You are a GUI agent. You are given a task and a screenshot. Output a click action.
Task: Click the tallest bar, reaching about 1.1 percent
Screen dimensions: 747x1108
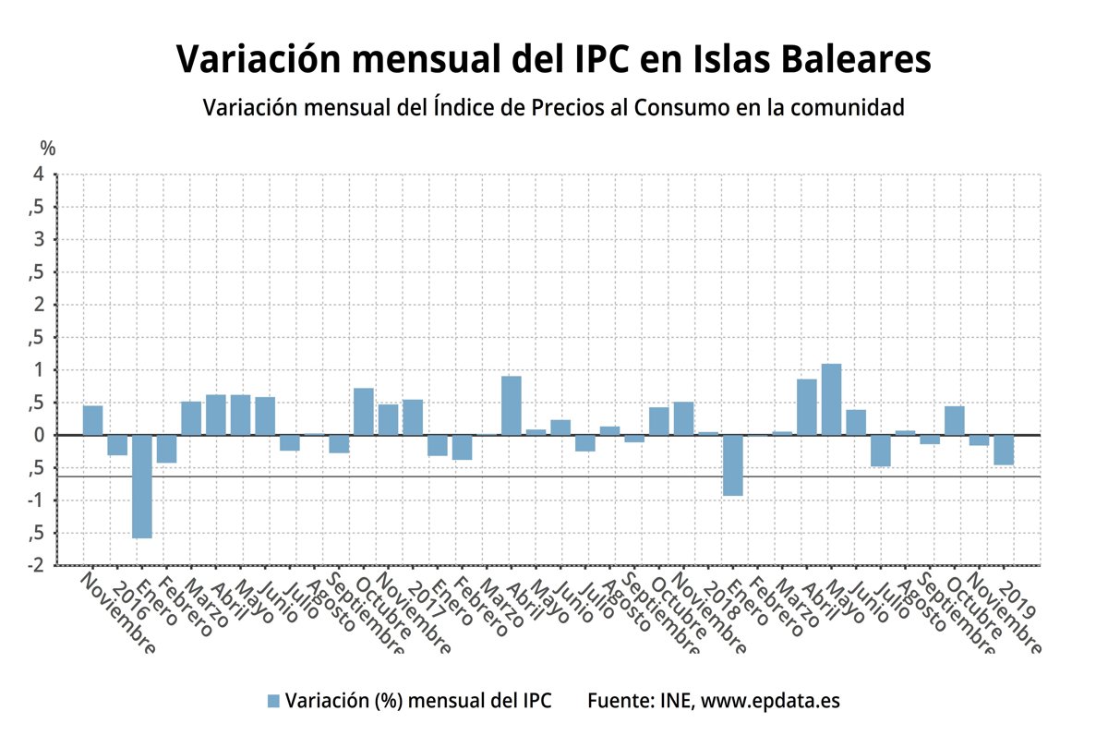pyautogui.click(x=831, y=399)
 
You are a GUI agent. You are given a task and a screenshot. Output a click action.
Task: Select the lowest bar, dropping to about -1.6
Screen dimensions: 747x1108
pyautogui.click(x=142, y=486)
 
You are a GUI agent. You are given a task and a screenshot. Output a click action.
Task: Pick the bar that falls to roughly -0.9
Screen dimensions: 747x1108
pyautogui.click(x=733, y=465)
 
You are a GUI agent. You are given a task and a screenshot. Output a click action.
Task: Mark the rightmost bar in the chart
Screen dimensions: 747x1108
pyautogui.click(x=1004, y=450)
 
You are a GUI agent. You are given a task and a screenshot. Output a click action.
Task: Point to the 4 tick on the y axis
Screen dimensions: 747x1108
pyautogui.click(x=38, y=175)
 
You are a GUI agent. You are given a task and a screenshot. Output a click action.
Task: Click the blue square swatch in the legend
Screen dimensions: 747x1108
pyautogui.click(x=272, y=701)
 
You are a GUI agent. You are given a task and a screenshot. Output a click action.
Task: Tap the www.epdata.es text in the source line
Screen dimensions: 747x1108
pyautogui.click(x=770, y=701)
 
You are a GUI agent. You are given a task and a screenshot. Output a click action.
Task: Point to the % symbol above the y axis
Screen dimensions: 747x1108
pyautogui.click(x=48, y=149)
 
